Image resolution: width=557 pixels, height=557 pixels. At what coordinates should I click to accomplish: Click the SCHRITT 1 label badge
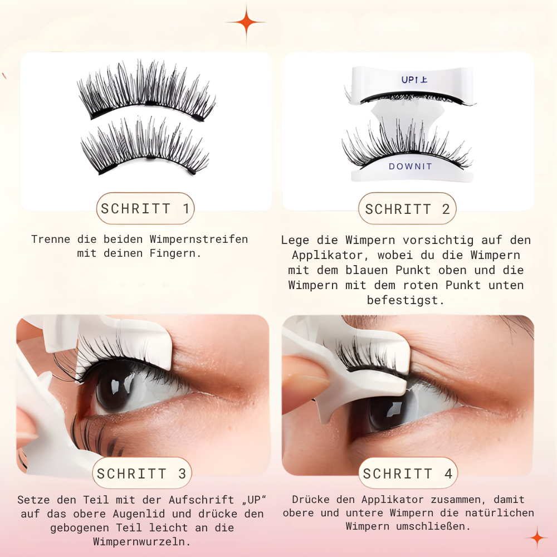coord(145,208)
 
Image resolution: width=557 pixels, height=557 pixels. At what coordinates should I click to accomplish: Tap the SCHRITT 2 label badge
coord(407,208)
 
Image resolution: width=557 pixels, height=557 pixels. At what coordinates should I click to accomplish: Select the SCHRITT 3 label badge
coord(141,473)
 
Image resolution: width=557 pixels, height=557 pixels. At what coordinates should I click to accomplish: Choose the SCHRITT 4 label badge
coord(408,473)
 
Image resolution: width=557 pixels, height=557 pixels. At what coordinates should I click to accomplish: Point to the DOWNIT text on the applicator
coord(411,166)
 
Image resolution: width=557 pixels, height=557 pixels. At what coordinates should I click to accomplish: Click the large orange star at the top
coord(246,22)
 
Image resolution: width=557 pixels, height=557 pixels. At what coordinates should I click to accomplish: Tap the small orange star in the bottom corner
coord(537,538)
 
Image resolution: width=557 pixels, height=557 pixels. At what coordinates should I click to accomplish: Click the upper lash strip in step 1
coord(146,91)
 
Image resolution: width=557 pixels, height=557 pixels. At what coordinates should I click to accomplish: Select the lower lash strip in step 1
coord(145,145)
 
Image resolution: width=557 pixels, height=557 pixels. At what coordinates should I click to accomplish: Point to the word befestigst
coord(405,301)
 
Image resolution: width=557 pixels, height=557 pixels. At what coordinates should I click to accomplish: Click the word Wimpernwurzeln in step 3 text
coord(141,542)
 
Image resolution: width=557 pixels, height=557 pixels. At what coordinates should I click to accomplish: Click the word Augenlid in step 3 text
coord(139,514)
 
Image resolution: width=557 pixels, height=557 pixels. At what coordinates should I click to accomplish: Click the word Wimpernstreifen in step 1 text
coord(199,240)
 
